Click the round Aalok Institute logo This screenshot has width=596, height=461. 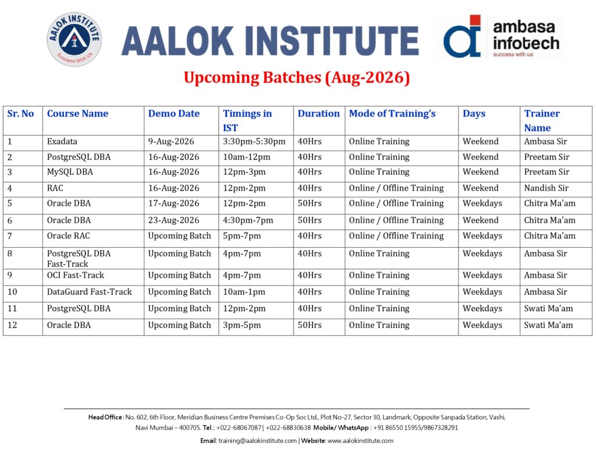click(x=74, y=39)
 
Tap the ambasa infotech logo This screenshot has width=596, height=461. click(x=499, y=37)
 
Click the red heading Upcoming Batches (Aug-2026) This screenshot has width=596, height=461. click(x=297, y=78)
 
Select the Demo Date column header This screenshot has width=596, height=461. click(x=173, y=114)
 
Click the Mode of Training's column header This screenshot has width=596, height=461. click(x=392, y=114)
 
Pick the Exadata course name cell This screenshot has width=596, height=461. click(x=62, y=142)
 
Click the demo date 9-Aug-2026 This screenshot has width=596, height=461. click(x=171, y=142)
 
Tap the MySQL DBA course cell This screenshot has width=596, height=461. click(x=70, y=172)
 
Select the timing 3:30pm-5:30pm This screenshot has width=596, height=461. click(x=254, y=142)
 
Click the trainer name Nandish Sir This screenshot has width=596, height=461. click(x=546, y=188)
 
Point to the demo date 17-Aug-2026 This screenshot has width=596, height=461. click(x=173, y=203)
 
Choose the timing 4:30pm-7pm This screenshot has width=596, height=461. click(x=248, y=220)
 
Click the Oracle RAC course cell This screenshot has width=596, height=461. click(x=69, y=236)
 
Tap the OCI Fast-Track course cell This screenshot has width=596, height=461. click(x=75, y=275)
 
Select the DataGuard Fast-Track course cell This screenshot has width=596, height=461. click(x=89, y=292)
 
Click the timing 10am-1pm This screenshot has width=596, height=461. click(x=244, y=292)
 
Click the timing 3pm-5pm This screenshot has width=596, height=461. click(x=242, y=325)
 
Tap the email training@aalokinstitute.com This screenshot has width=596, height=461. click(x=257, y=441)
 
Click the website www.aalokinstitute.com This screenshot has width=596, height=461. click(x=360, y=441)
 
